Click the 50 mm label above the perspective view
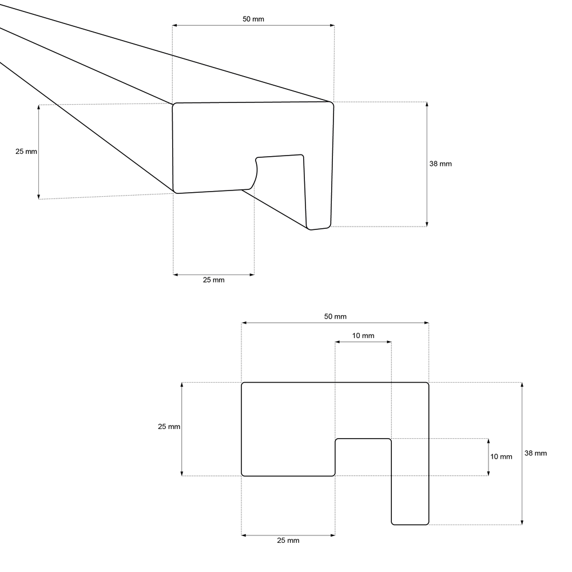(x=253, y=19)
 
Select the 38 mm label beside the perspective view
(x=440, y=164)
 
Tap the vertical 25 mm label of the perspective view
(x=26, y=152)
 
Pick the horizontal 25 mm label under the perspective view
(x=214, y=280)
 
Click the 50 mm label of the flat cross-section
(x=335, y=317)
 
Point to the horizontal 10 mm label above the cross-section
(x=363, y=336)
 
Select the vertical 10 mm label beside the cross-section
(x=502, y=456)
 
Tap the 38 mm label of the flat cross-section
(x=536, y=453)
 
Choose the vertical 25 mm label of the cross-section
(x=169, y=427)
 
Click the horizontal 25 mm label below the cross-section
(x=288, y=541)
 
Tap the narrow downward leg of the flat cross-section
(x=410, y=498)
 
